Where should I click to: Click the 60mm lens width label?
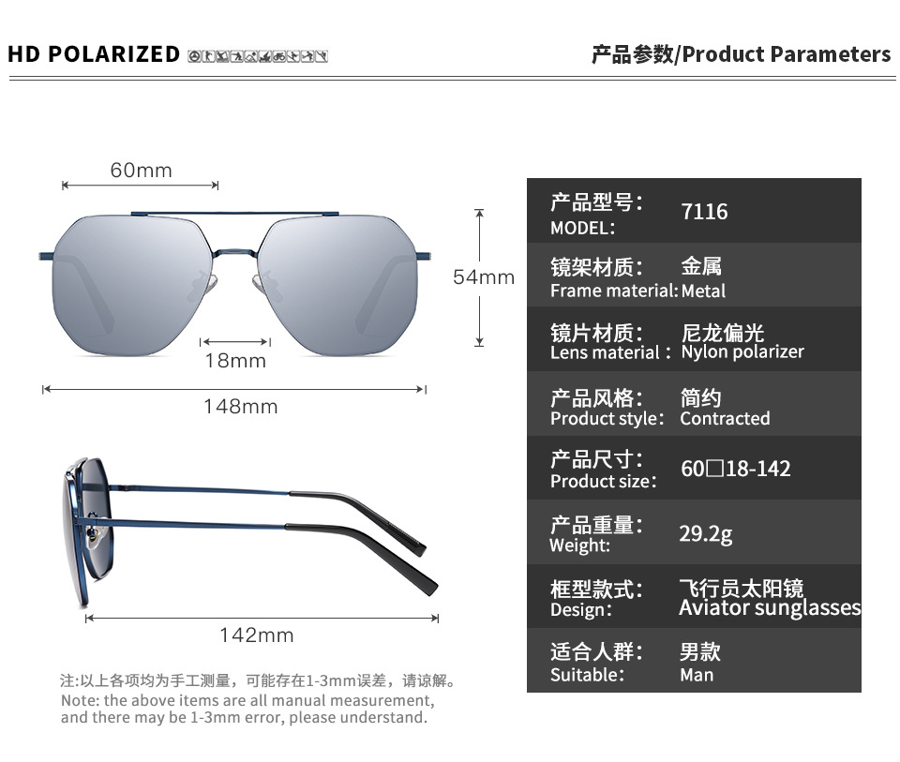[x=141, y=170]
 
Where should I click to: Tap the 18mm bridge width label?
[x=235, y=361]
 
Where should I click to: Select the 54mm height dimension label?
[x=484, y=276]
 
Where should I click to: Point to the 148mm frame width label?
[x=240, y=407]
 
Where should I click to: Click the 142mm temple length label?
[x=256, y=635]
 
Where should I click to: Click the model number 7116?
[x=704, y=212]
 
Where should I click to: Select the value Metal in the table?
[x=703, y=291]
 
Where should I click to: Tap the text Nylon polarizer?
[x=742, y=352]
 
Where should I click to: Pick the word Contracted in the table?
[x=725, y=418]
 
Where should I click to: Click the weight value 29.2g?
[x=705, y=533]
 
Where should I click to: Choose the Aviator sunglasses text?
[x=770, y=608]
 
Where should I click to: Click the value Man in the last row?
[x=697, y=675]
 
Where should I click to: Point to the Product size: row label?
[x=604, y=481]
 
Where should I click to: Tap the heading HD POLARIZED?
[x=94, y=54]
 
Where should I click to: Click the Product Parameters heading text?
[x=787, y=54]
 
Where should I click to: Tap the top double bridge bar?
[x=234, y=214]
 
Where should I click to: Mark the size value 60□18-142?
[x=735, y=468]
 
